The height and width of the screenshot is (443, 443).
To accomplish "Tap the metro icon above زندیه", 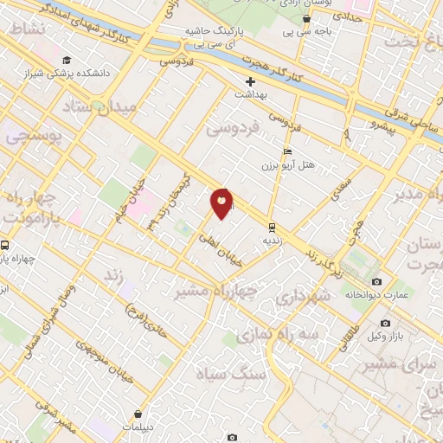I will click(x=273, y=227).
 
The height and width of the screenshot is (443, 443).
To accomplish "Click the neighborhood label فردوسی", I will click(x=234, y=129).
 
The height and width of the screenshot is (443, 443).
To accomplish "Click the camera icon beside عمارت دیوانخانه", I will click(x=376, y=282).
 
